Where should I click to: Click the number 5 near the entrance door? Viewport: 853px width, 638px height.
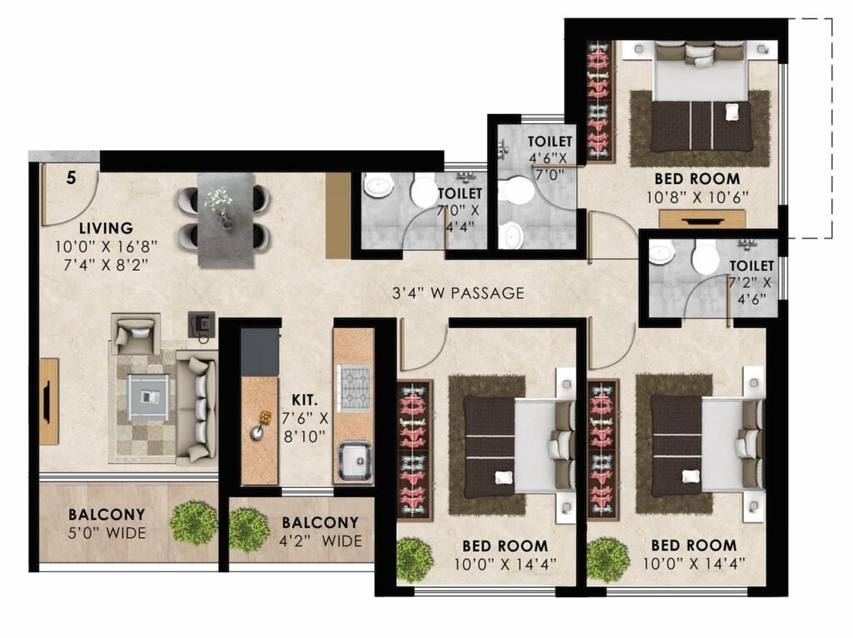click(x=72, y=178)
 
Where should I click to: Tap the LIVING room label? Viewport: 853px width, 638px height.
click(x=106, y=228)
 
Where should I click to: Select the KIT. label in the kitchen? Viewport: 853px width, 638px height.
click(x=305, y=401)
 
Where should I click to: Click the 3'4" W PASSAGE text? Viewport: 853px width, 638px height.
click(x=458, y=293)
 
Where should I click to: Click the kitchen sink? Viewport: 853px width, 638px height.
click(x=355, y=461)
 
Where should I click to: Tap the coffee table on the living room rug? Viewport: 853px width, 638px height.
click(x=148, y=397)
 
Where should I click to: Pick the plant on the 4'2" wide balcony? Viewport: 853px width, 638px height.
click(x=249, y=531)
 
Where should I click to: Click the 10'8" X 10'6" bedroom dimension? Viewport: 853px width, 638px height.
click(x=697, y=197)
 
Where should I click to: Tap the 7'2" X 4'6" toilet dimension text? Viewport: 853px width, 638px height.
click(x=751, y=291)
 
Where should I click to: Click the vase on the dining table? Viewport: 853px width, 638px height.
click(x=220, y=205)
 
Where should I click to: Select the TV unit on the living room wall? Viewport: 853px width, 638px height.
click(x=49, y=401)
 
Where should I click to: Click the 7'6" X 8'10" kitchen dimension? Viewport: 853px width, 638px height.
click(x=305, y=427)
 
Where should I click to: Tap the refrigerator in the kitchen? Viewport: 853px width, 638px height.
click(x=260, y=351)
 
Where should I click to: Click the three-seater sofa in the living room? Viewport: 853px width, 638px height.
click(x=197, y=406)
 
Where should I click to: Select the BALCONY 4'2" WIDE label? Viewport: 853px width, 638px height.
click(x=320, y=531)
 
